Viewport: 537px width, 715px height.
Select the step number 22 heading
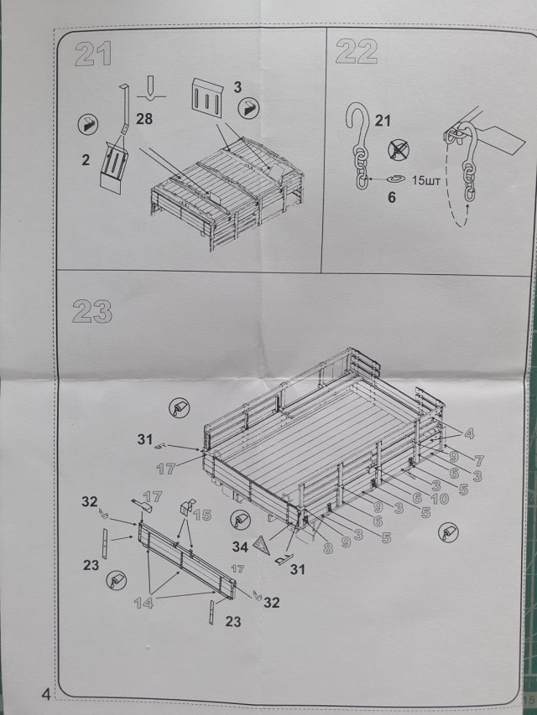click(x=355, y=52)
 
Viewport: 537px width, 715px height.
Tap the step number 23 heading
click(x=92, y=312)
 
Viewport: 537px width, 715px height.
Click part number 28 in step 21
click(x=144, y=119)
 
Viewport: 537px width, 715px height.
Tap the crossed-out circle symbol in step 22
click(x=399, y=149)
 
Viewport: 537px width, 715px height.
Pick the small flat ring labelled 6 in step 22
click(x=394, y=179)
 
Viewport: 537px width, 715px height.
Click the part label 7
click(x=479, y=460)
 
